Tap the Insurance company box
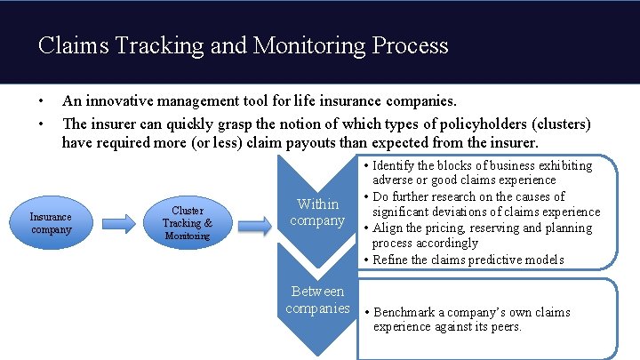click(51, 223)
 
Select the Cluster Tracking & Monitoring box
click(187, 223)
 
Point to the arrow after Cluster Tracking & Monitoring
click(254, 224)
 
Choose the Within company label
click(317, 212)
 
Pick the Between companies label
click(317, 300)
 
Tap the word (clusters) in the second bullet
click(558, 123)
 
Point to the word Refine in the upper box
click(391, 260)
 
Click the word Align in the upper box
click(388, 228)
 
